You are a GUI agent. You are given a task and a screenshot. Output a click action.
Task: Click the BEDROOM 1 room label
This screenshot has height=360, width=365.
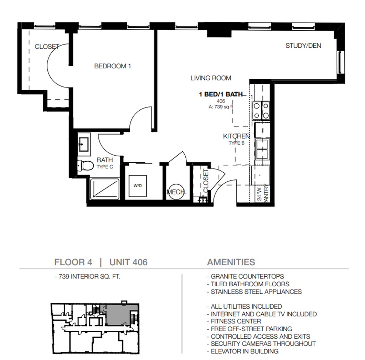pyautogui.click(x=112, y=66)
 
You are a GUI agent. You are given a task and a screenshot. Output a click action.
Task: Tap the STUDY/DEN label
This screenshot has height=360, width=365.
pyautogui.click(x=303, y=46)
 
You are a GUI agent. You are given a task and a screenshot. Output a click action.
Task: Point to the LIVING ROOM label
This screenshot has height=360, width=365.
pyautogui.click(x=211, y=78)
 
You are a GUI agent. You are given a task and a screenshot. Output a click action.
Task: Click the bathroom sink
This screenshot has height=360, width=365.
pyautogui.click(x=84, y=144)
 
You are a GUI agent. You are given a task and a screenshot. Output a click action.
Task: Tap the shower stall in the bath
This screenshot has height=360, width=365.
pyautogui.click(x=105, y=189)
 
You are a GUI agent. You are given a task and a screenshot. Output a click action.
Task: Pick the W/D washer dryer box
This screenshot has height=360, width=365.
pyautogui.click(x=138, y=186)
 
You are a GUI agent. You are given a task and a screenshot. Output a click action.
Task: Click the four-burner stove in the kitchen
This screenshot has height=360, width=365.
pyautogui.click(x=261, y=111)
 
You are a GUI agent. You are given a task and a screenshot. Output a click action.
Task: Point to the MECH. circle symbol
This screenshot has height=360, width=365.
pyautogui.click(x=176, y=192)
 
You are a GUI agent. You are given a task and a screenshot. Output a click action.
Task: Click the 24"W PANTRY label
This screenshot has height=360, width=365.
pyautogui.click(x=263, y=194)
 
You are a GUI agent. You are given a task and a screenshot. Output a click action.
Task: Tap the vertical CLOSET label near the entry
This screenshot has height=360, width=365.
pyautogui.click(x=205, y=181)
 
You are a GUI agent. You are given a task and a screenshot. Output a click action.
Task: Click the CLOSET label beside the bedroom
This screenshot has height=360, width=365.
pyautogui.click(x=47, y=47)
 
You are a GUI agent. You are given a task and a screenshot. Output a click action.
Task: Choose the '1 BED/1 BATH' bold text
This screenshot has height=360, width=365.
pyautogui.click(x=220, y=94)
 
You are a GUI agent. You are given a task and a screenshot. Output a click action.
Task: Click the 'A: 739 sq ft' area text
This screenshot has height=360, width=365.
pyautogui.click(x=221, y=107)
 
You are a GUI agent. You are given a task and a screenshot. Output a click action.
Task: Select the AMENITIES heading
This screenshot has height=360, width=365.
pyautogui.click(x=231, y=262)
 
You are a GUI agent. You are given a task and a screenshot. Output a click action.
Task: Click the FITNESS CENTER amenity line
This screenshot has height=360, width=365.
pyautogui.click(x=234, y=322)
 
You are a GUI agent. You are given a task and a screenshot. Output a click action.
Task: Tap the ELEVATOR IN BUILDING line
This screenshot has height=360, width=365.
pyautogui.click(x=243, y=351)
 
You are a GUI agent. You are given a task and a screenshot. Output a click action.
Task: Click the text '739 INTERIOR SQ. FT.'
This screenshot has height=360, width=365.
pyautogui.click(x=88, y=277)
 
